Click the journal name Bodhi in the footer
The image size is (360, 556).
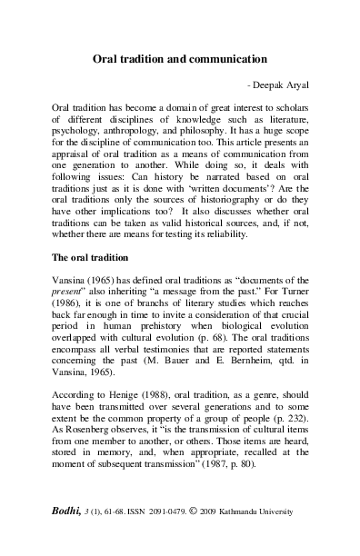[x=71, y=537]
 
